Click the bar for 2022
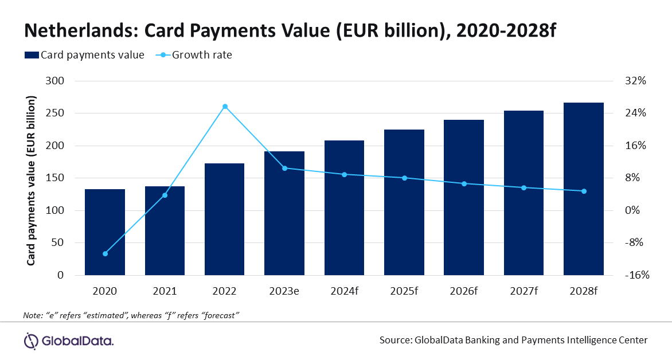pos(225,219)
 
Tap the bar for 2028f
pos(584,189)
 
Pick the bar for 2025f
pos(404,202)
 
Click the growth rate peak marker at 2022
pos(225,107)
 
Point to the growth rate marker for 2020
pos(105,253)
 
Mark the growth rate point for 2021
pos(165,195)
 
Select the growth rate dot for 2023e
pos(285,168)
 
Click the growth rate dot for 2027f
pos(523,188)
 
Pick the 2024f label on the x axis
pos(345,291)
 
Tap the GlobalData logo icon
pos(31,341)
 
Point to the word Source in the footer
pos(394,340)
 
